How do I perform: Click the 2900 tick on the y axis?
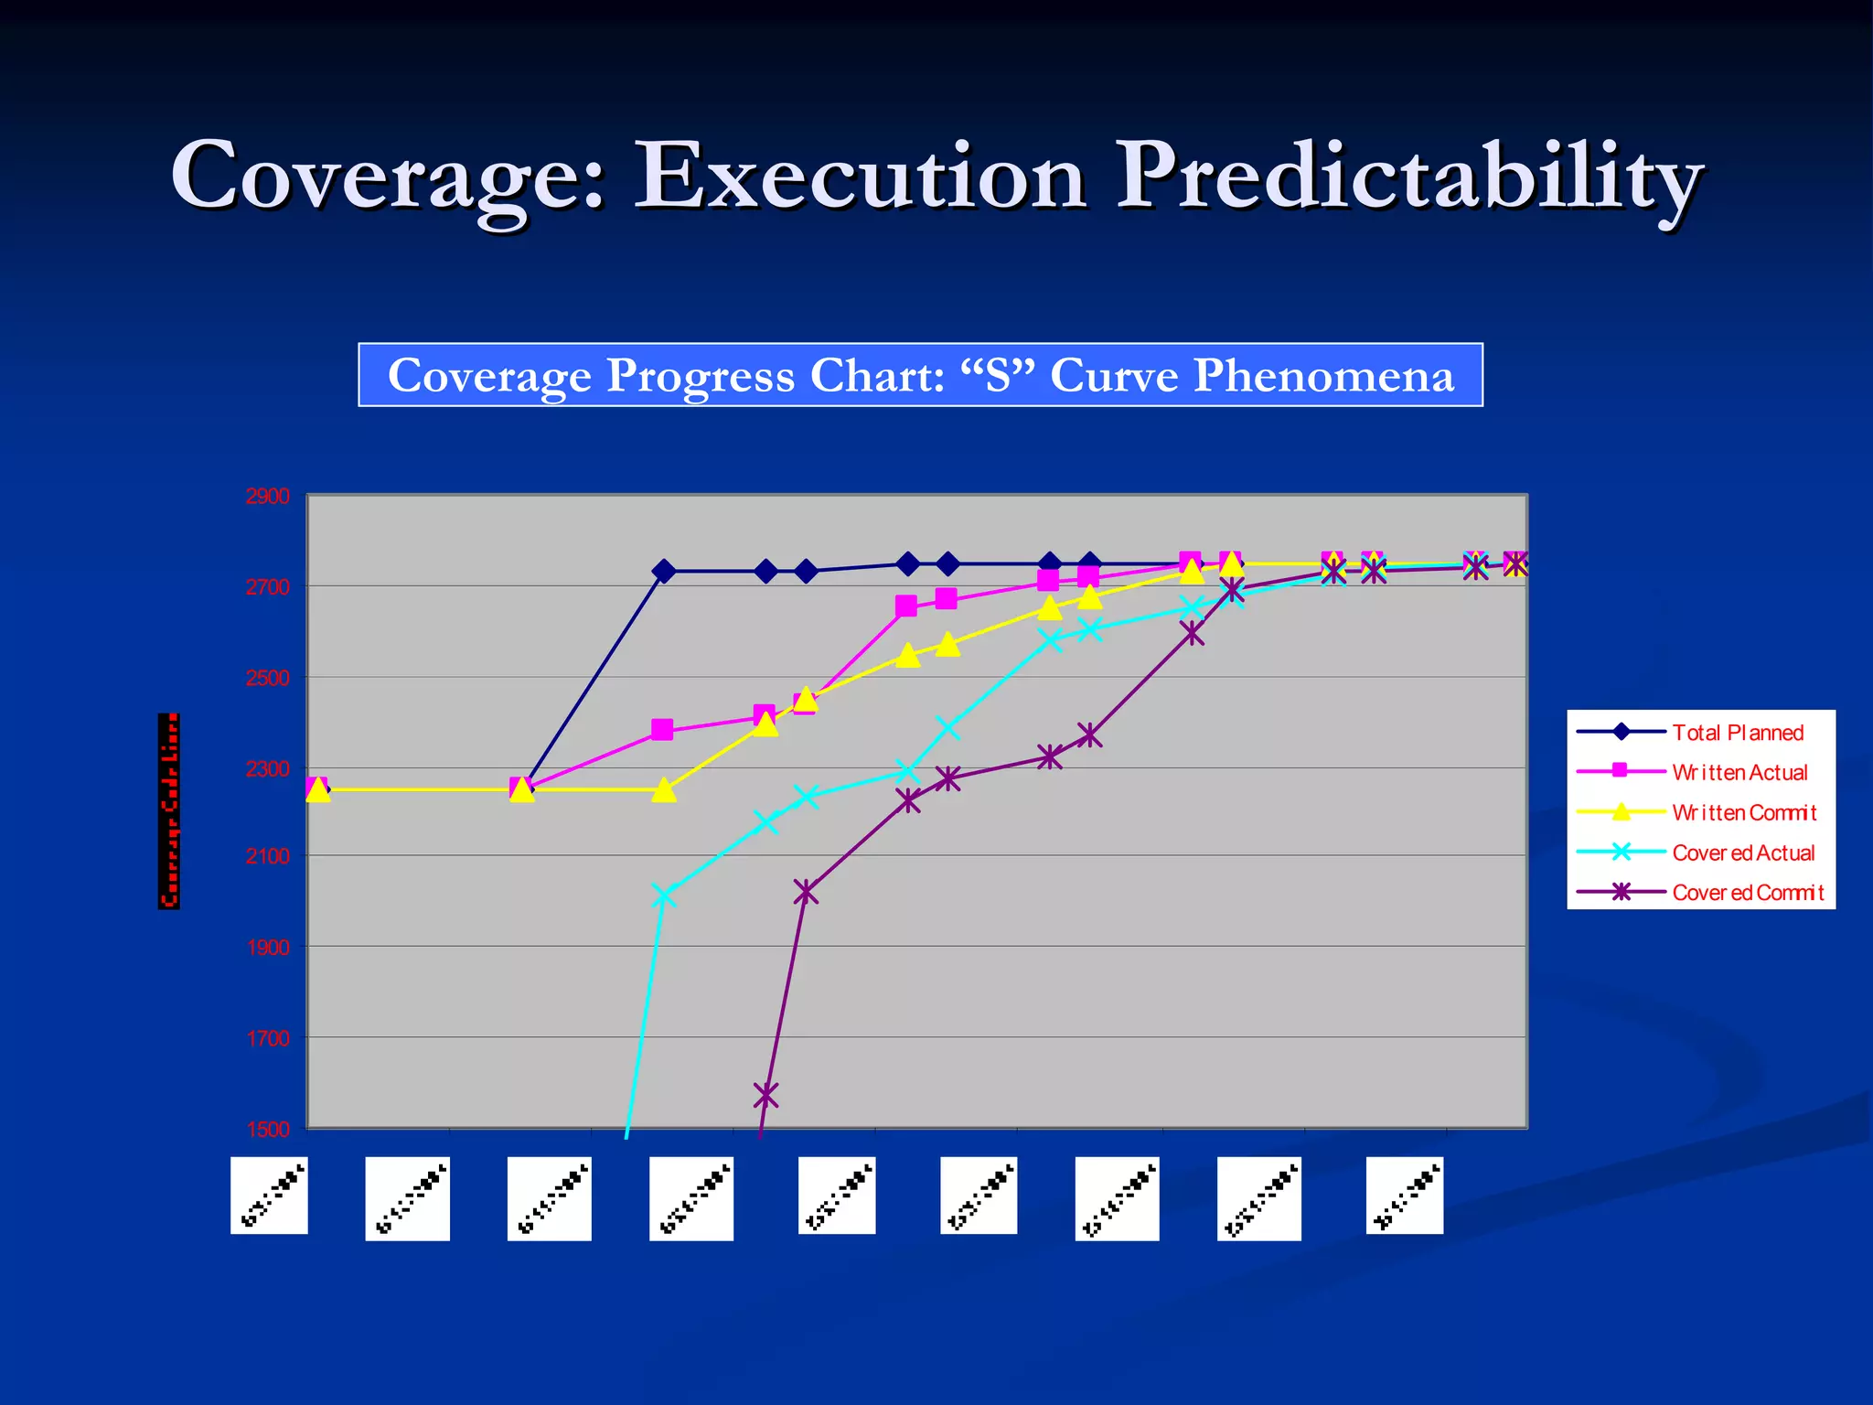pyautogui.click(x=267, y=497)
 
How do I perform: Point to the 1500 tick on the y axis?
pyautogui.click(x=267, y=1129)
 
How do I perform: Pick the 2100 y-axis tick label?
pyautogui.click(x=267, y=856)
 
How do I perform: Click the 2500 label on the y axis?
pyautogui.click(x=267, y=678)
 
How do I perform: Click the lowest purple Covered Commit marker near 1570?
pyautogui.click(x=765, y=1094)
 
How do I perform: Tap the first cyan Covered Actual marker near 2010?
pyautogui.click(x=664, y=896)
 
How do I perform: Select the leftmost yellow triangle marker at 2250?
pyautogui.click(x=317, y=789)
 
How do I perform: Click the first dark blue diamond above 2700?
pyautogui.click(x=664, y=572)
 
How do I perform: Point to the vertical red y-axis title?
pyautogui.click(x=169, y=811)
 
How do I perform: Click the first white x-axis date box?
pyautogui.click(x=269, y=1196)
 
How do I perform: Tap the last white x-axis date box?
pyautogui.click(x=1404, y=1196)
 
